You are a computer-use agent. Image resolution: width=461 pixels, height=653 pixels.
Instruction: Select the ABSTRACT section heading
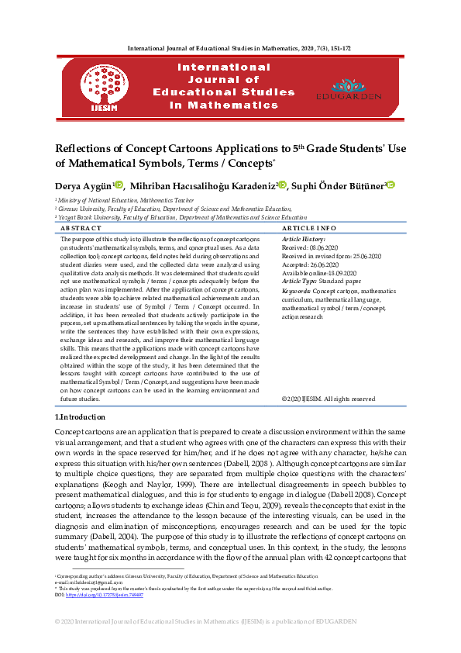pyautogui.click(x=81, y=229)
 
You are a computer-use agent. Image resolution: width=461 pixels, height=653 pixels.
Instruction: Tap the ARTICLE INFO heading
pyautogui.click(x=309, y=229)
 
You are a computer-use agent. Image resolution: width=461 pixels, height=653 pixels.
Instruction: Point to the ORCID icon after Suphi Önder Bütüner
pyautogui.click(x=390, y=185)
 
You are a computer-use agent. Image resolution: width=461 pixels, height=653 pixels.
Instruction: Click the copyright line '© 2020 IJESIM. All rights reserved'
pyautogui.click(x=329, y=399)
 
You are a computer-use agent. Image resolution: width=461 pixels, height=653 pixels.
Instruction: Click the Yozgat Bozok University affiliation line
pyautogui.click(x=183, y=218)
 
